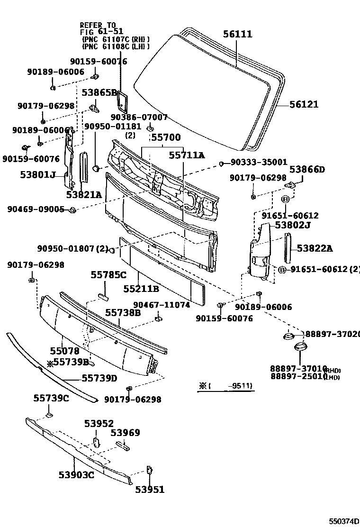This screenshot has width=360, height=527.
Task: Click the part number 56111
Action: [x=238, y=34]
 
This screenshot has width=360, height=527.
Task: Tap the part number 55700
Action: [x=165, y=137]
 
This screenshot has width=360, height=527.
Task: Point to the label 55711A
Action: [x=187, y=155]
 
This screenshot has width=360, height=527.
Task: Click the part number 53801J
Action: [x=38, y=175]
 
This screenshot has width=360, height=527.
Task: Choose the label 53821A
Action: [x=84, y=194]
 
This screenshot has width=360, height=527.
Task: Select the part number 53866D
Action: [x=307, y=169]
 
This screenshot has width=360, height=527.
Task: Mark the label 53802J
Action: [x=293, y=225]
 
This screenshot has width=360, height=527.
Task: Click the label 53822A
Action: [x=315, y=248]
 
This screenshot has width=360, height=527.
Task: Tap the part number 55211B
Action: [x=141, y=288]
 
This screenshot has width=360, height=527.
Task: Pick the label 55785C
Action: [x=108, y=274]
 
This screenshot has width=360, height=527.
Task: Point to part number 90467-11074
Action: [x=161, y=305]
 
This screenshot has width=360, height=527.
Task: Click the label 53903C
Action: [x=76, y=474]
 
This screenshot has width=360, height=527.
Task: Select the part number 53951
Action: [x=150, y=490]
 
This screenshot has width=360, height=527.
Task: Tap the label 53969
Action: [x=125, y=433]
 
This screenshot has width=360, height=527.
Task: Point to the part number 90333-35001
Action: [x=259, y=162]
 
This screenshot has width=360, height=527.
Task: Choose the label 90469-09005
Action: [x=36, y=209]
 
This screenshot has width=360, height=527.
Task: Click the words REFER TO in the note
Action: [x=97, y=25]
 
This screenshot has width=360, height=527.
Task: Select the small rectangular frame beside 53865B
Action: [x=124, y=101]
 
